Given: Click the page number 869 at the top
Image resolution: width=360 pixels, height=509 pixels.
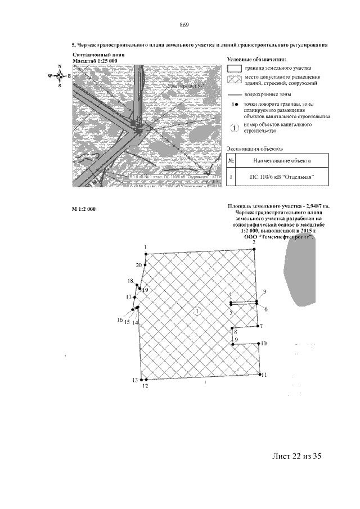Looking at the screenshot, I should coord(183,25).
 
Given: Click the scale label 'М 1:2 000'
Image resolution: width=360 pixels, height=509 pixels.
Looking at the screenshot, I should coord(84,209).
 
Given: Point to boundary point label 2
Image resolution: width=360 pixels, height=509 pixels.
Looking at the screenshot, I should coord(254,242).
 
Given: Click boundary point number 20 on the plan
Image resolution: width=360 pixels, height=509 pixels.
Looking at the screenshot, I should coord(138,265).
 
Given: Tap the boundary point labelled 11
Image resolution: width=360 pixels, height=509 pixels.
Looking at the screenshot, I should coord(264,375).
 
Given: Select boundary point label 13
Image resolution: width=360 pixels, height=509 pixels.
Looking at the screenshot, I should coord(135,380).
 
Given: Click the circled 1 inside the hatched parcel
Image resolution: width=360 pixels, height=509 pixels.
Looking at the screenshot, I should coord(197,311).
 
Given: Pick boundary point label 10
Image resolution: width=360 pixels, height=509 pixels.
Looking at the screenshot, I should coord(264,343).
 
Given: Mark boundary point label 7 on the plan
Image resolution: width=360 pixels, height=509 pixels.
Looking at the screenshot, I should coord(262,326).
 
